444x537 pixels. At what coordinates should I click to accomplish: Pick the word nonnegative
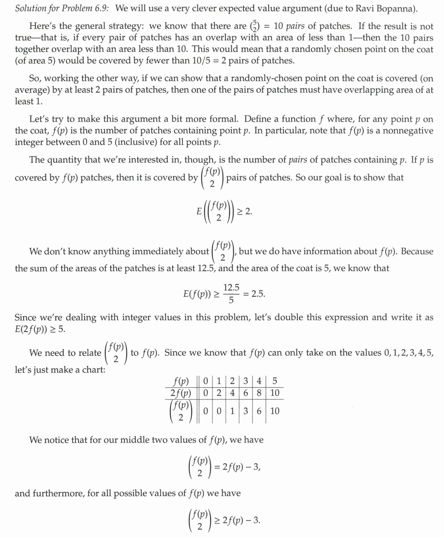[x=405, y=131]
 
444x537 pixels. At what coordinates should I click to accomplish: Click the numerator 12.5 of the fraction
[x=231, y=288]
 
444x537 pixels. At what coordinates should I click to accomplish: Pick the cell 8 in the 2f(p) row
[x=259, y=393]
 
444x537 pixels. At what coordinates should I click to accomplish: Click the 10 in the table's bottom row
[x=275, y=411]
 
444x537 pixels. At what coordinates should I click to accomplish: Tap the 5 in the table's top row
[x=275, y=382]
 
